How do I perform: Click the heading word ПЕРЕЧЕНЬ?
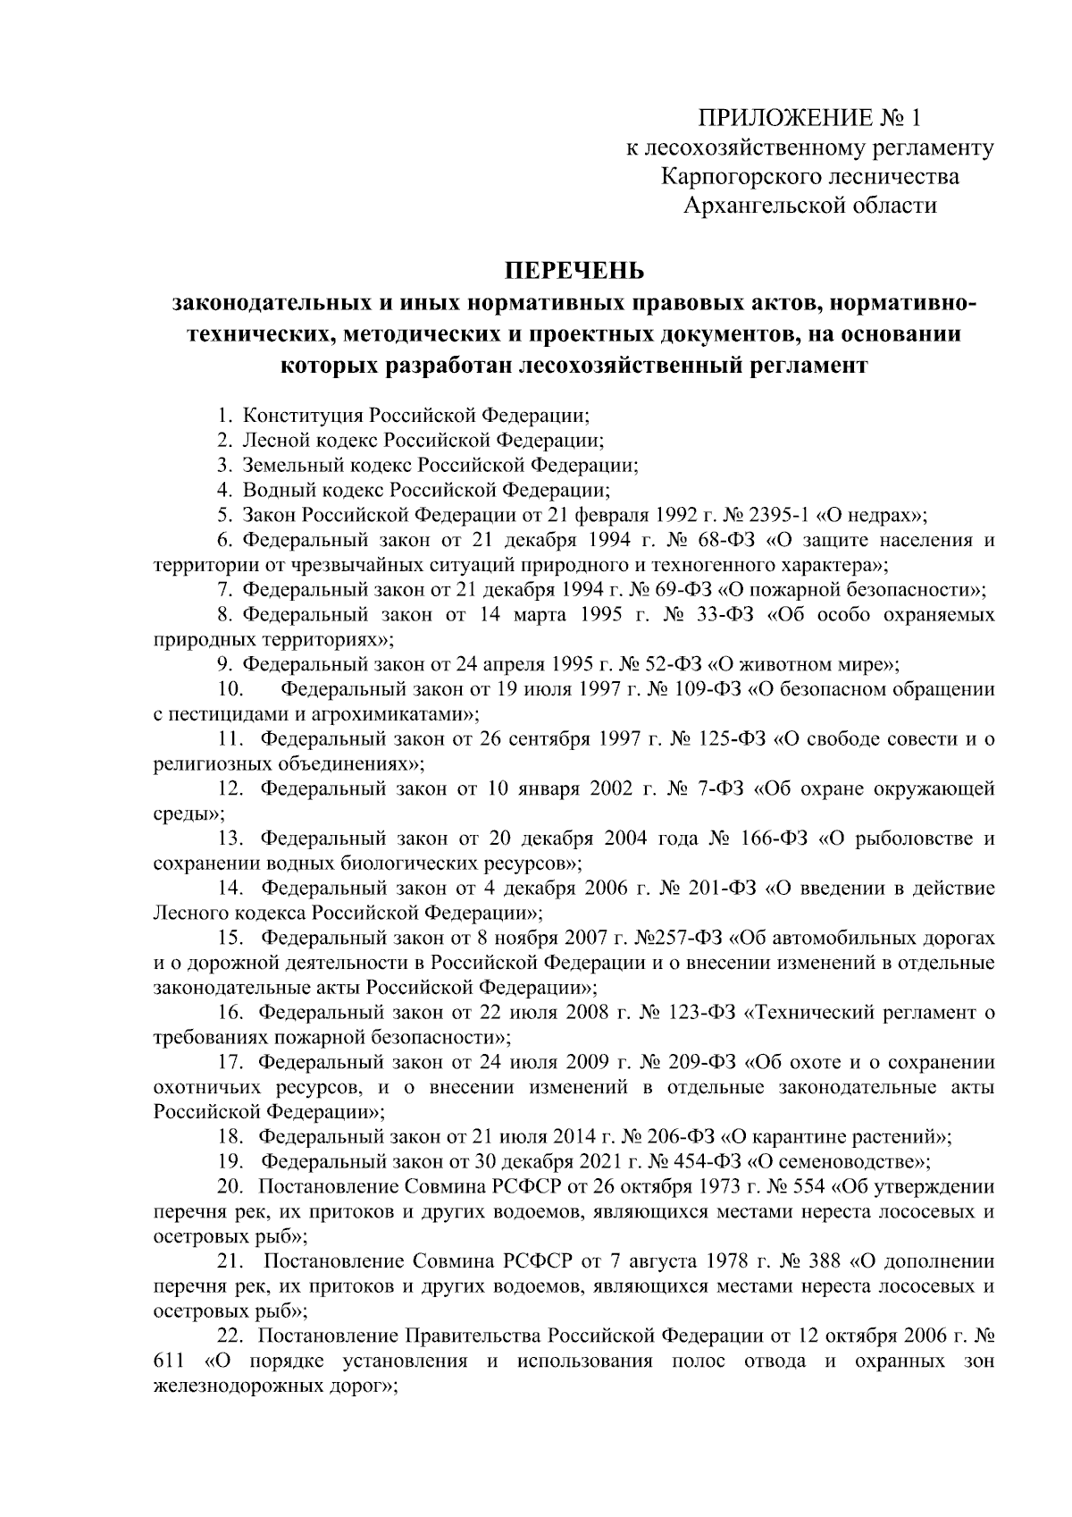pos(574,269)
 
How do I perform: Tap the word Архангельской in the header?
pos(760,206)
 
